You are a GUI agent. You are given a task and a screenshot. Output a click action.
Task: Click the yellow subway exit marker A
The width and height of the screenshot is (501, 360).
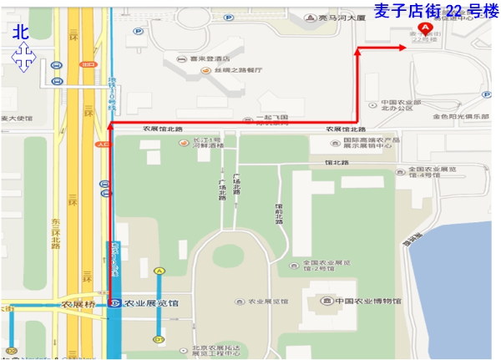point(159,271)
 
